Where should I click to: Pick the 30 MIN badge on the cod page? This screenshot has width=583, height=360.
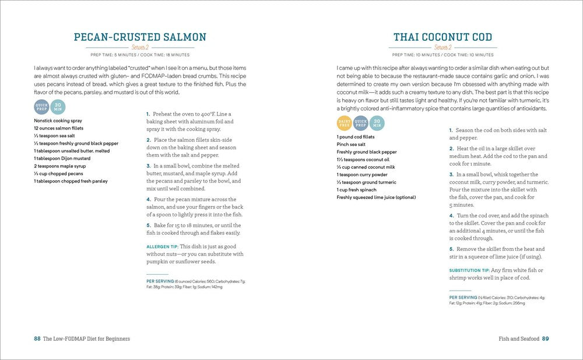(376, 123)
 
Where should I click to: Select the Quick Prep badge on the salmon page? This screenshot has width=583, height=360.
(41, 107)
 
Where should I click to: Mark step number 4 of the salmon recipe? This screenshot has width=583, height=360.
(148, 200)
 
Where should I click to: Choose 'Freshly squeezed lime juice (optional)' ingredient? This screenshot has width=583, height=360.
(376, 197)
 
